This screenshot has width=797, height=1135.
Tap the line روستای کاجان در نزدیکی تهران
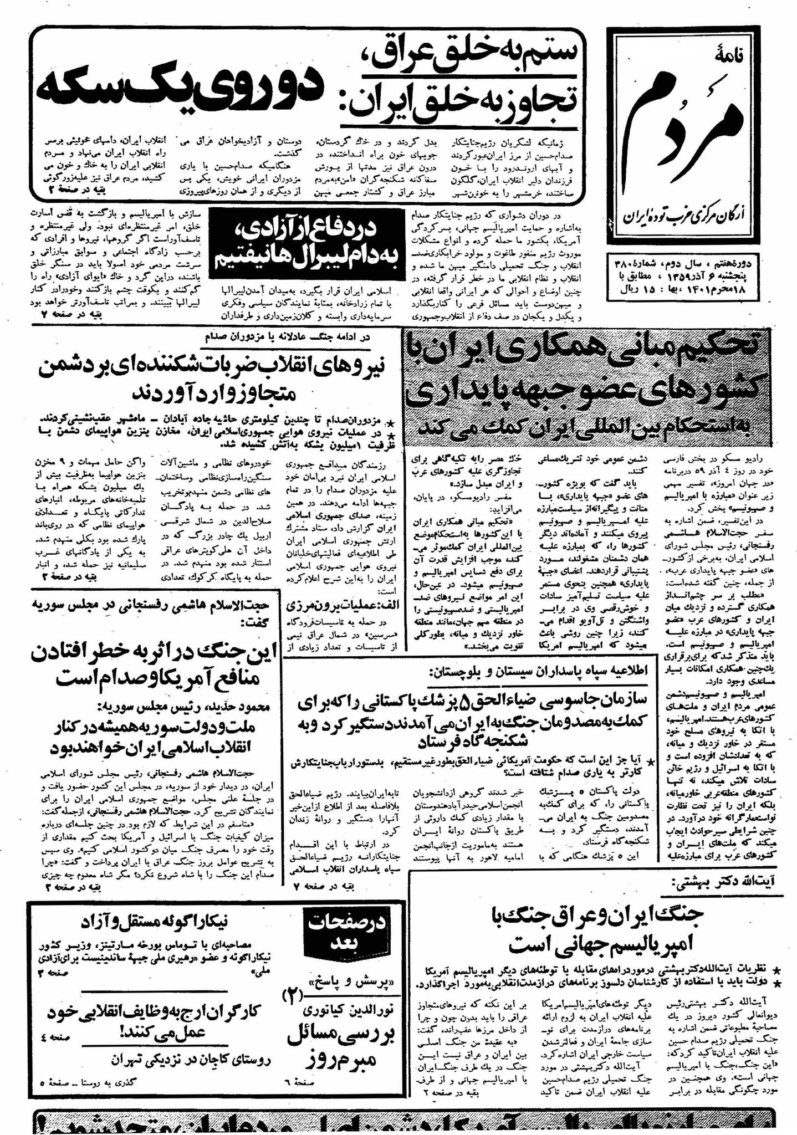click(x=190, y=1061)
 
